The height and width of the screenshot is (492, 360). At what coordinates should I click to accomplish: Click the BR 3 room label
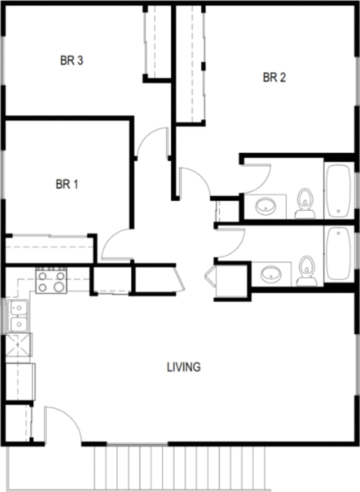71,61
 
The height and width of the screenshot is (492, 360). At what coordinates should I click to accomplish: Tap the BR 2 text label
274,78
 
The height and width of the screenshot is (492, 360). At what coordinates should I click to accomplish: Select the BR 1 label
67,184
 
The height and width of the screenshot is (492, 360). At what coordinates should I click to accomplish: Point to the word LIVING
184,367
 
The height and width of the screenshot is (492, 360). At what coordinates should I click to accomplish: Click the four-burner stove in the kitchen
51,281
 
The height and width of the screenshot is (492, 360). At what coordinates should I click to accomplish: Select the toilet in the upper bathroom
305,203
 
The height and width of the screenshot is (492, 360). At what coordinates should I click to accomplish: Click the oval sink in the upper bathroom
265,206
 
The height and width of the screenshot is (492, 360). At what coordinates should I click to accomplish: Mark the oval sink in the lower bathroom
271,274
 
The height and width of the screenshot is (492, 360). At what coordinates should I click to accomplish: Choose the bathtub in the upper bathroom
339,191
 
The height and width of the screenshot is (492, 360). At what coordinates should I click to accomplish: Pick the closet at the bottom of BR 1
49,249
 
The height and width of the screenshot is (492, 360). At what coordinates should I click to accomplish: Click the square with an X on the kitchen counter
19,345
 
